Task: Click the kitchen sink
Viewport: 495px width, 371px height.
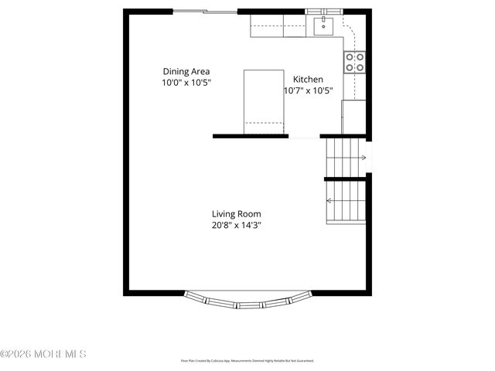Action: [x=323, y=28]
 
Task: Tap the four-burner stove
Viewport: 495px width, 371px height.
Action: [x=354, y=63]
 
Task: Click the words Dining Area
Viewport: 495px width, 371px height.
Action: [x=186, y=71]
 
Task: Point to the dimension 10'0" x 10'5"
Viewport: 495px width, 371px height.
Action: [x=186, y=82]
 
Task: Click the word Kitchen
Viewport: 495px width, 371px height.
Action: [x=308, y=80]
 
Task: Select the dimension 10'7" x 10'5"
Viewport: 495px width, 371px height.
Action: [x=308, y=90]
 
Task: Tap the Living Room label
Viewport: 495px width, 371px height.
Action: [x=237, y=214]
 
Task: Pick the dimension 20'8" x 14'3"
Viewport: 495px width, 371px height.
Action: [x=237, y=226]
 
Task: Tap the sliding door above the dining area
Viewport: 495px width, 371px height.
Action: [x=204, y=12]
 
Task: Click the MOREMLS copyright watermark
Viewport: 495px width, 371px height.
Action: [x=44, y=354]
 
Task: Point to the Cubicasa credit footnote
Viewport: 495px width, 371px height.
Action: [x=247, y=360]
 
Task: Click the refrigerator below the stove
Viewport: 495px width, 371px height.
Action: [x=353, y=117]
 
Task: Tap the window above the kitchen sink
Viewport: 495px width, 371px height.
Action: [x=324, y=12]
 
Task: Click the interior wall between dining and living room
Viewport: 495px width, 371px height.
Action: [x=251, y=136]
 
